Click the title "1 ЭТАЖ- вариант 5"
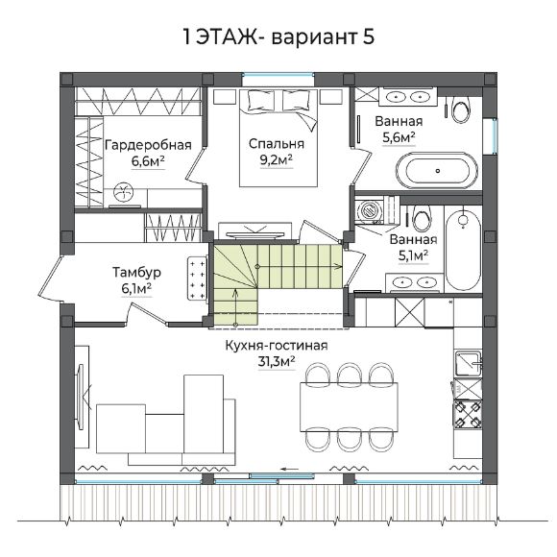[278, 36]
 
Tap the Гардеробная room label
[148, 145]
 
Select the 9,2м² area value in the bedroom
[277, 160]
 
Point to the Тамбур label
[136, 272]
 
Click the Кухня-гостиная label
[277, 346]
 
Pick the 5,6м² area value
[399, 137]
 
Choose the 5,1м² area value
[413, 255]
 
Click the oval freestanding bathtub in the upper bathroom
[437, 171]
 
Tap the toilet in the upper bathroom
[461, 109]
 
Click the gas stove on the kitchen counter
[467, 414]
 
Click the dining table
[349, 407]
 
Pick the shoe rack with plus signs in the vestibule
[198, 278]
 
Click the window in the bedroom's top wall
[278, 75]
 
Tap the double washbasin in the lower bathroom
[414, 282]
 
